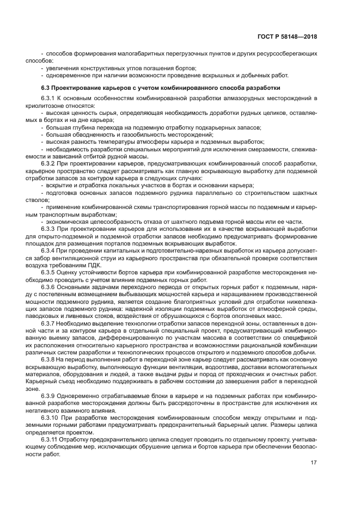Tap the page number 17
pos(314,463)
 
